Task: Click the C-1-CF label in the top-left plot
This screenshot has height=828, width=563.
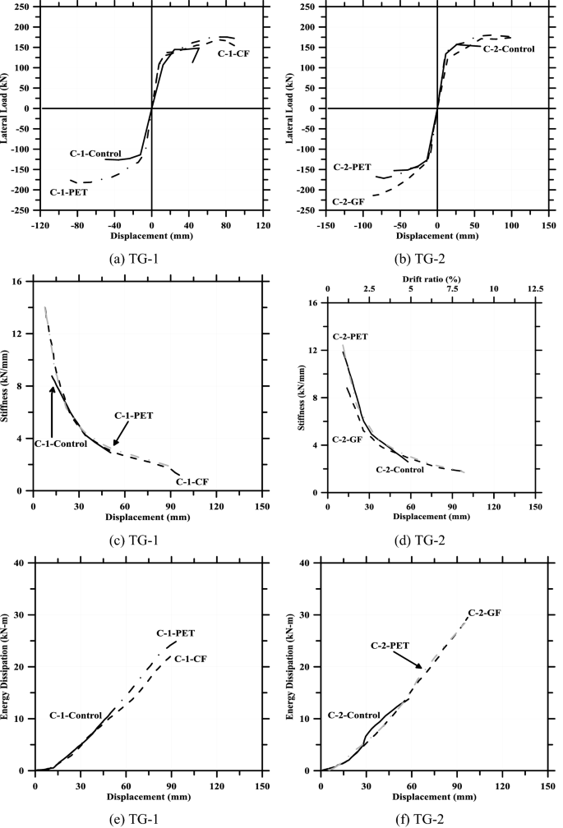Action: pos(234,53)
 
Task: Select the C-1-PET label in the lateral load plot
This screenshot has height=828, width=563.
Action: pos(68,192)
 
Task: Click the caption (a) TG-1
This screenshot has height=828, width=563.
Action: pos(143,256)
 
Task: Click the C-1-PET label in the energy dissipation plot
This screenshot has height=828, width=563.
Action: pos(176,633)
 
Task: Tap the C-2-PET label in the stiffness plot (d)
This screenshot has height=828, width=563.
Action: pos(351,336)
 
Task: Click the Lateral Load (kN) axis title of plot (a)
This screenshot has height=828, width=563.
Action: pos(7,108)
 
